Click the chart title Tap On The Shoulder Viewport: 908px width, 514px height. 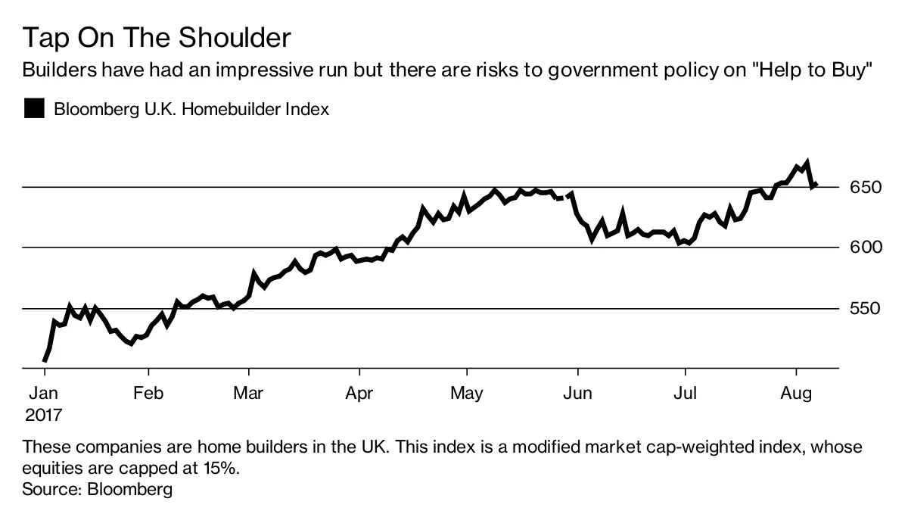(157, 38)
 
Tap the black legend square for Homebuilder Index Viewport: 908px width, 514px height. (34, 109)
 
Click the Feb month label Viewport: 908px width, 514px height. (148, 394)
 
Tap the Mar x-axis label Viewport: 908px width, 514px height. (248, 394)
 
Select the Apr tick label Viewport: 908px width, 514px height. (359, 394)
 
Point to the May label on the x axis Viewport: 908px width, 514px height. (466, 394)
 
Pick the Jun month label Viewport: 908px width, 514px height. (577, 394)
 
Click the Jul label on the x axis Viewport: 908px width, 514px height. (685, 394)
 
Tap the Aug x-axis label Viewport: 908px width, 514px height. (795, 394)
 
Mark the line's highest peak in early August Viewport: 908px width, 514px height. (807, 162)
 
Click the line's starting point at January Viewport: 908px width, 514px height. (45, 361)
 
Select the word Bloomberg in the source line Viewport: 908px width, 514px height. (130, 489)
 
